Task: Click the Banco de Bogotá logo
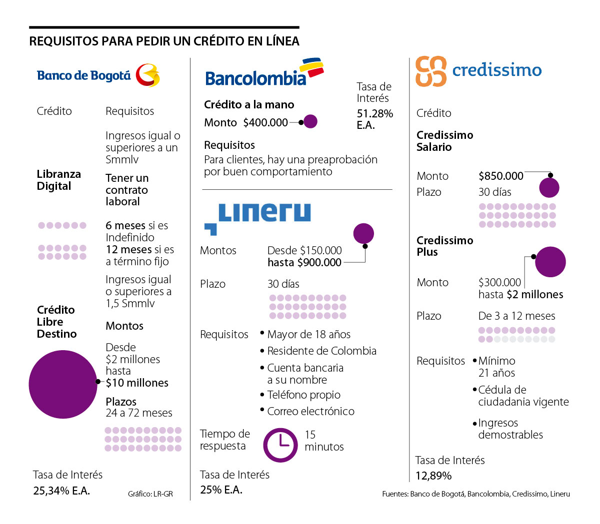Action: [x=98, y=75]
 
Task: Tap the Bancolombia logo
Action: [x=264, y=73]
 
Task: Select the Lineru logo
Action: [x=257, y=217]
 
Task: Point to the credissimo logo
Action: [x=478, y=71]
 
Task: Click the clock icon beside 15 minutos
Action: [x=280, y=445]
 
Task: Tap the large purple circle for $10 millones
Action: [x=63, y=384]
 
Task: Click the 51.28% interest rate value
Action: [x=374, y=114]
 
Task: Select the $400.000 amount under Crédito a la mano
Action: [x=265, y=123]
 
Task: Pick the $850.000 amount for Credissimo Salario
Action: [x=500, y=176]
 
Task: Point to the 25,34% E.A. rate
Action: [x=61, y=491]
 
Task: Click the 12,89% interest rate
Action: [x=433, y=476]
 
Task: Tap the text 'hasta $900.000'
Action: [x=304, y=263]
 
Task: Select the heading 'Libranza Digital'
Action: [x=58, y=180]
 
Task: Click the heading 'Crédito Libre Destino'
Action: [x=56, y=322]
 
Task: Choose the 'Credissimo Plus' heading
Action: [x=444, y=246]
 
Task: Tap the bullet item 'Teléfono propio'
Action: [x=303, y=395]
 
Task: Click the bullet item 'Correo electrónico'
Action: [x=310, y=412]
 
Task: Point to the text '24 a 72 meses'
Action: [x=139, y=413]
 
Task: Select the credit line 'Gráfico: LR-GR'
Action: [x=150, y=494]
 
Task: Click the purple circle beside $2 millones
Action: [x=550, y=262]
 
